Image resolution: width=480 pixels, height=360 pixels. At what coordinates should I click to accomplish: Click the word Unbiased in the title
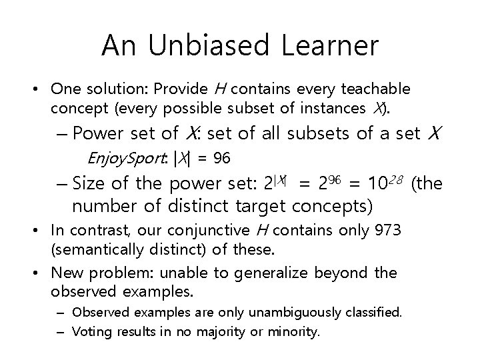(209, 46)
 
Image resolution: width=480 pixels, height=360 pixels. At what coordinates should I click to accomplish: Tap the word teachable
(381, 89)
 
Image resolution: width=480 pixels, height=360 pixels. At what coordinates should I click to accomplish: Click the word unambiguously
(311, 312)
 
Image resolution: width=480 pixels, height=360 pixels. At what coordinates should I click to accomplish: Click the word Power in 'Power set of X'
(97, 133)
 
